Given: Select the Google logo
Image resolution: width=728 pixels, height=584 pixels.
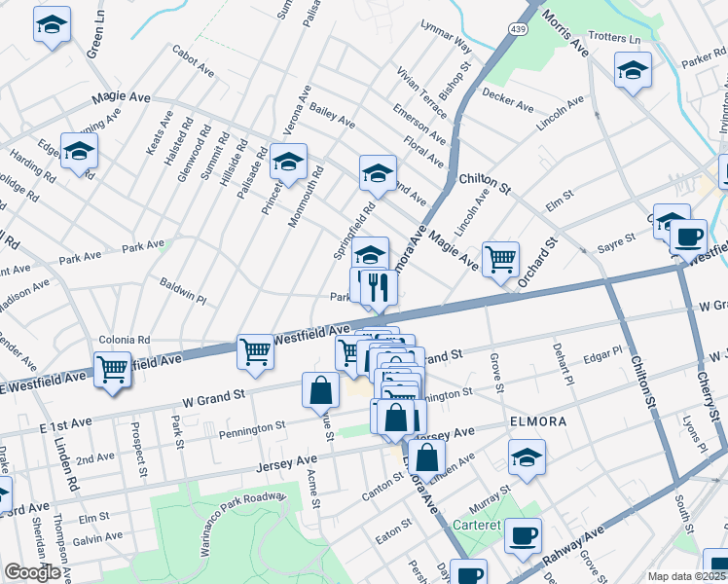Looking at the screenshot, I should point(32,572).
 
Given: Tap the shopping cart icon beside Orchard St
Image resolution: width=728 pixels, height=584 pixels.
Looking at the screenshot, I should point(500,259).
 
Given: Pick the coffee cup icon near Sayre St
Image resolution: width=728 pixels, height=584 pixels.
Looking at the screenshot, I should point(689,236).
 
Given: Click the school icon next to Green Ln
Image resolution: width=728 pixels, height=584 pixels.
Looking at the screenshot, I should point(52,24).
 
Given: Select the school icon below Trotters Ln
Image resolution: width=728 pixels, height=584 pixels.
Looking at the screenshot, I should point(633,69).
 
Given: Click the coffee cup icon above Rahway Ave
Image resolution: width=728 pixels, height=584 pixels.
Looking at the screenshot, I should point(523,535).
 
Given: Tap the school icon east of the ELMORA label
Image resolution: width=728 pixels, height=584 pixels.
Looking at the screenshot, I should point(527,457).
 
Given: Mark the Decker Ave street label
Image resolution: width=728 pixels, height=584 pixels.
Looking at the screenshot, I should point(508,101).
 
